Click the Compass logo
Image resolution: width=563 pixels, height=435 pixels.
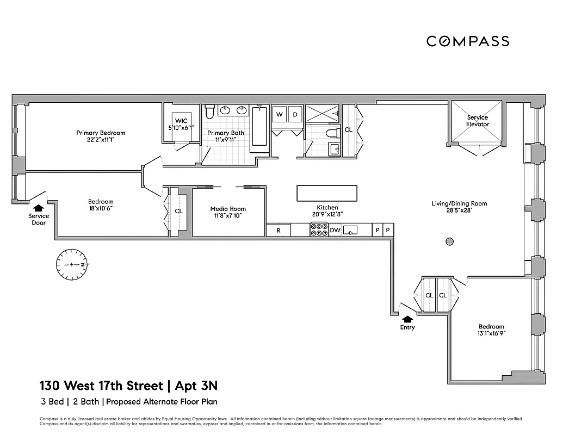[467, 41]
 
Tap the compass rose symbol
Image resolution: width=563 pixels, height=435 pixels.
[73, 264]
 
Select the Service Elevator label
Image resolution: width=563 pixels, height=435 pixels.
[477, 121]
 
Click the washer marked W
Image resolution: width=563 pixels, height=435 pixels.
[280, 114]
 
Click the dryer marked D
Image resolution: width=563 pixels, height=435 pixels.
[295, 114]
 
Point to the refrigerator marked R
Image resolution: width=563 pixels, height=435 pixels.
[279, 231]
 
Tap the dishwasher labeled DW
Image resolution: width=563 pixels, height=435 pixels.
[335, 231]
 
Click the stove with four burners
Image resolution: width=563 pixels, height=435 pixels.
[318, 231]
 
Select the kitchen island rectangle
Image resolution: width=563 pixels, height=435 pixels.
[326, 194]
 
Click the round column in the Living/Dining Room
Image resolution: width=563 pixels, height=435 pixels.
[449, 241]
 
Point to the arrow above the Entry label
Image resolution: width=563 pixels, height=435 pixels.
[407, 319]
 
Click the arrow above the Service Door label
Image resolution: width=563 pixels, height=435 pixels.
[38, 208]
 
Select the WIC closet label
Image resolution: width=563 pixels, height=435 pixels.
[181, 121]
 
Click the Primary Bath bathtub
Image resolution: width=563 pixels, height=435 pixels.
[259, 127]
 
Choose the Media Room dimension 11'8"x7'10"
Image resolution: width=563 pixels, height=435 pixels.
[228, 216]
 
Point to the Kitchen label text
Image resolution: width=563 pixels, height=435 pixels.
[327, 208]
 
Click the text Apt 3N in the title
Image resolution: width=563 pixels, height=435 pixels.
[196, 386]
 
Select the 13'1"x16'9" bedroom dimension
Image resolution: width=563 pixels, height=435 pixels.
[491, 334]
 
